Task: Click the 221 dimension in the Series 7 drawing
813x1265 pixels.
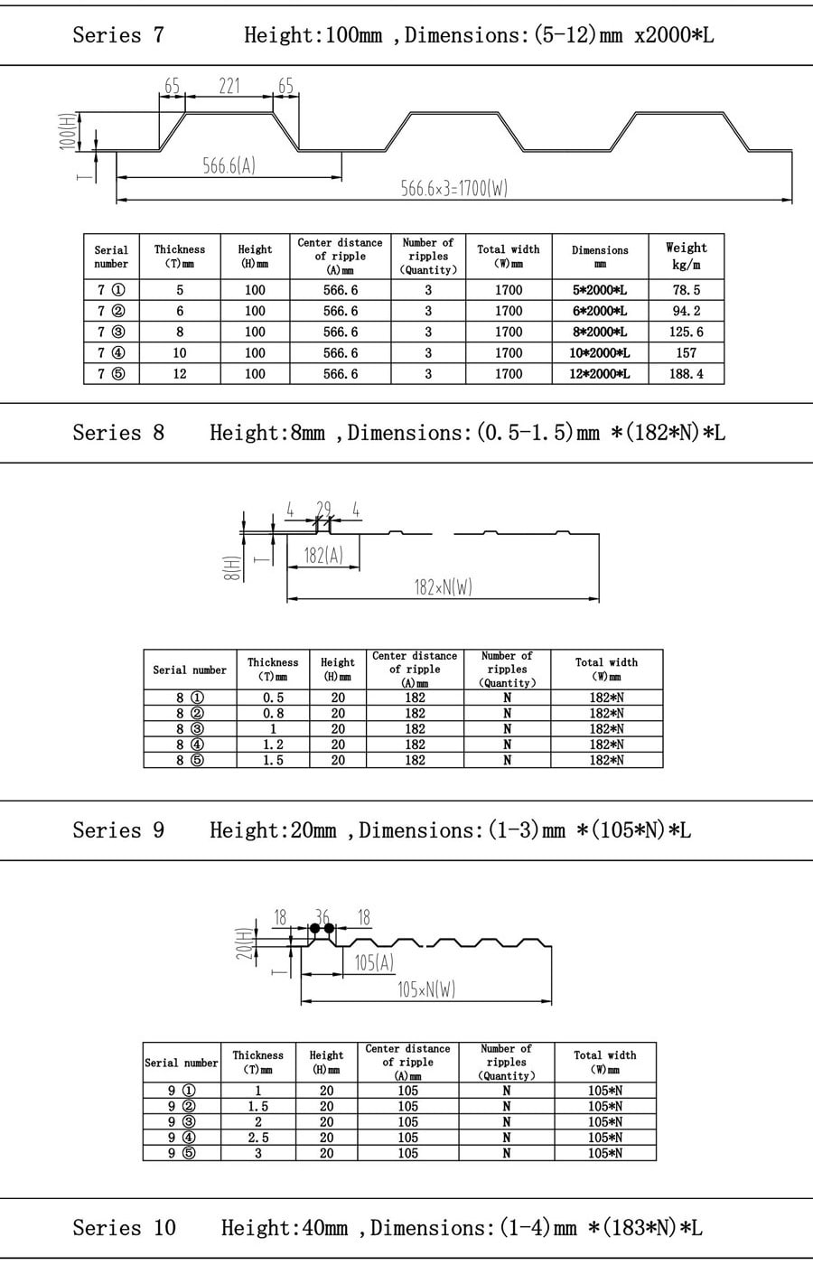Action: coord(229,87)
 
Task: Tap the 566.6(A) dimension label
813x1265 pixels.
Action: coord(229,166)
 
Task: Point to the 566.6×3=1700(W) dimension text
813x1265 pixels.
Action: coord(453,188)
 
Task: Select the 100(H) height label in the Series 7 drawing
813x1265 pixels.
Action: coord(67,131)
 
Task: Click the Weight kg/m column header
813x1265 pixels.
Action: coord(686,256)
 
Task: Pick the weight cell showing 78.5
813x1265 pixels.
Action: coord(686,290)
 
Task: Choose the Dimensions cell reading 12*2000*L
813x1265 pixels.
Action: coord(600,374)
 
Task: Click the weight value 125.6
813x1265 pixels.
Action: coord(686,333)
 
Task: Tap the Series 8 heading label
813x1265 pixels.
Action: coord(118,433)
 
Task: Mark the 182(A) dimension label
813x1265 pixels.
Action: coord(323,556)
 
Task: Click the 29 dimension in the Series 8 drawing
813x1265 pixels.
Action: coord(323,510)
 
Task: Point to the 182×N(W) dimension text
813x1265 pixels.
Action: coord(444,588)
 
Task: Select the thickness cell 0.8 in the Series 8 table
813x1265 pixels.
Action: coord(273,713)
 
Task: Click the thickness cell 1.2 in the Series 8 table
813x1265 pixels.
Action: coord(273,745)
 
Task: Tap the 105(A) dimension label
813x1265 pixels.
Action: coord(374,962)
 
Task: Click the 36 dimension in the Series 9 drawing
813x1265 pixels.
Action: coord(322,917)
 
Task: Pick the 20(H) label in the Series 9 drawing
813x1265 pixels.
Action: coord(245,943)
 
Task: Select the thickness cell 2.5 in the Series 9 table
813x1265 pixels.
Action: coord(258,1138)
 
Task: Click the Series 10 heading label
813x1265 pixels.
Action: coord(125,1228)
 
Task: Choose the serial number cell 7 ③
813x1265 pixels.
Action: coord(111,333)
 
